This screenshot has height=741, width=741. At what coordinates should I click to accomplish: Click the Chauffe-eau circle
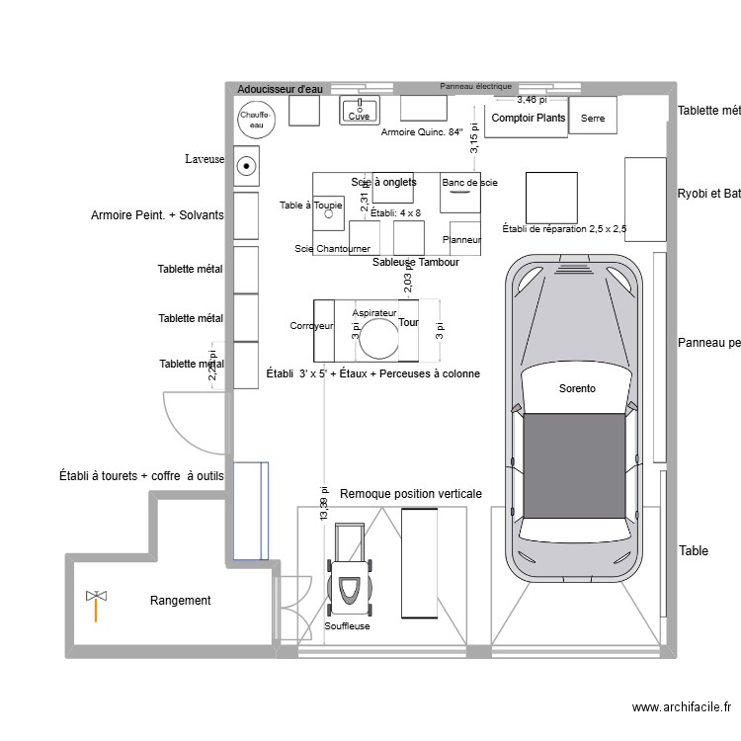click(255, 120)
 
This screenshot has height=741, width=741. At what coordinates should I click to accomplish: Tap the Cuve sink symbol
click(360, 111)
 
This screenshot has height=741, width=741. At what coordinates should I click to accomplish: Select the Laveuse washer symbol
click(246, 167)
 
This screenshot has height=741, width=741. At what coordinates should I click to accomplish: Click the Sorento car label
click(577, 389)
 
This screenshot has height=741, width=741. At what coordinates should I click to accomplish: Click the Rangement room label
click(180, 601)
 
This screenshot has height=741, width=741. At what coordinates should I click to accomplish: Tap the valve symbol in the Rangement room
click(96, 598)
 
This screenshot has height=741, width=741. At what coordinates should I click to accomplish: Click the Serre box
click(593, 118)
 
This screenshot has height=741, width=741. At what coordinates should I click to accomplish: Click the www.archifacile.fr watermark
click(681, 707)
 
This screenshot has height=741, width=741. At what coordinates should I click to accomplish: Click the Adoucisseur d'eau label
click(281, 89)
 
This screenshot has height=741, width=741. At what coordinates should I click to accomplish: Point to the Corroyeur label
click(310, 326)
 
